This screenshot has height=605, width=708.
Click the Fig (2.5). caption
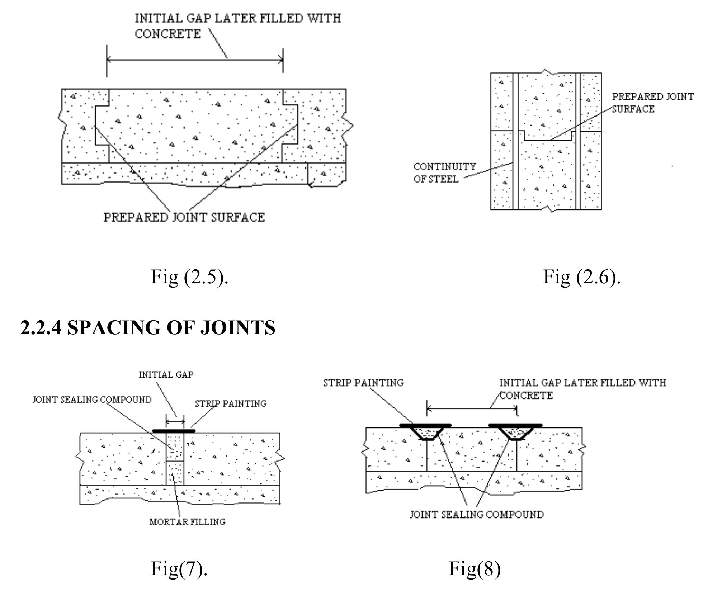[x=189, y=277]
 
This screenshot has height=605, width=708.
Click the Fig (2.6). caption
[x=581, y=277]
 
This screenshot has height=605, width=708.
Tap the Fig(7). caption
[x=179, y=568]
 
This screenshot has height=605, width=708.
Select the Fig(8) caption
[x=474, y=568]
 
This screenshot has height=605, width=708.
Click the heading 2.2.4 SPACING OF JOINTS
[x=148, y=327]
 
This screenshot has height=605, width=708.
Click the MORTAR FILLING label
[x=187, y=522]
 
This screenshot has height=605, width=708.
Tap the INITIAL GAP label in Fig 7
[x=166, y=375]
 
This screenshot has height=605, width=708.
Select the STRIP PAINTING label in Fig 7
[x=231, y=404]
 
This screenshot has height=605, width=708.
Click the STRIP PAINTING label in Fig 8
[x=363, y=383]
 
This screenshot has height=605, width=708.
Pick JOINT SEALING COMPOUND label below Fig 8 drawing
[x=476, y=515]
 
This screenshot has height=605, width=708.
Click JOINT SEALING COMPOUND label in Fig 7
[x=92, y=400]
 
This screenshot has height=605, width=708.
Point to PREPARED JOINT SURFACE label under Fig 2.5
[x=184, y=217]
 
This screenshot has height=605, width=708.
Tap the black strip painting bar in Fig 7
[x=174, y=431]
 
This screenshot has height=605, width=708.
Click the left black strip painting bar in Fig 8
[x=425, y=425]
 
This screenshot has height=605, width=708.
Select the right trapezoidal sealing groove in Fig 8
[x=515, y=433]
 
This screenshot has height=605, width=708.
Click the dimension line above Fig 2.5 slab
[x=195, y=60]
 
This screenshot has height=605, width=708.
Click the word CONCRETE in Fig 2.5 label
[x=167, y=34]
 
